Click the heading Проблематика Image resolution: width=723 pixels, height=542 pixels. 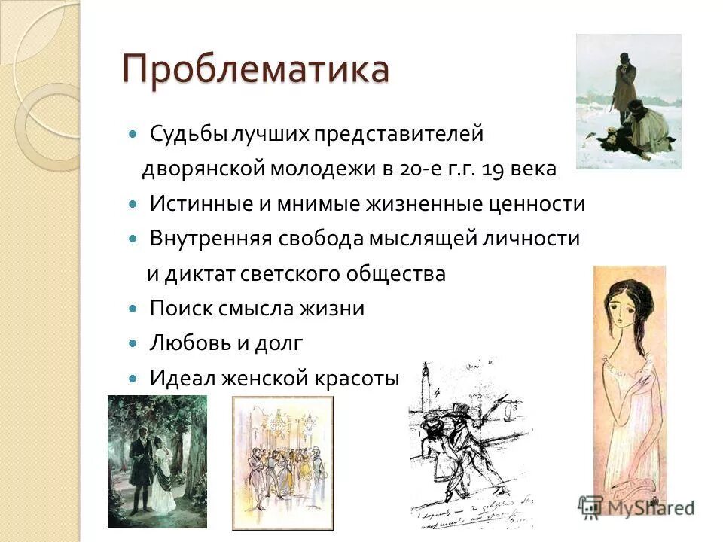point(256,70)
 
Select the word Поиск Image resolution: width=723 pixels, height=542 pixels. point(175,308)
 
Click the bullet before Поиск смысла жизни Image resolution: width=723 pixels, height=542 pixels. point(133,309)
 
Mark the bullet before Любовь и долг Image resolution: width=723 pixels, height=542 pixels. point(133,343)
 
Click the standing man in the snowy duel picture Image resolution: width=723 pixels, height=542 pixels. point(624,83)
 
